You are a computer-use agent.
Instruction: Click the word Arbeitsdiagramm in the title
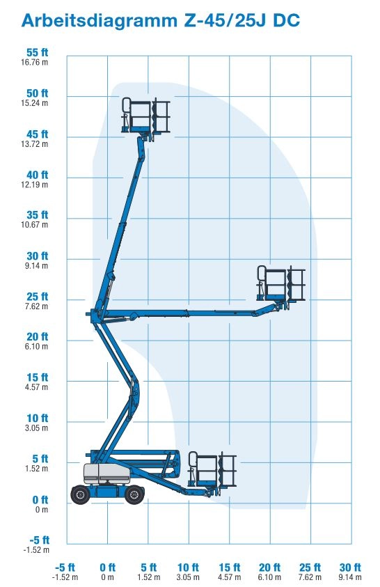(x=99, y=21)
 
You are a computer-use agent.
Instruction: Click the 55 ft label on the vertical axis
(x=37, y=53)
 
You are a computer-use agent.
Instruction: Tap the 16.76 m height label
(x=34, y=63)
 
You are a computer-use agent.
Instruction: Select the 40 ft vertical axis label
(x=37, y=175)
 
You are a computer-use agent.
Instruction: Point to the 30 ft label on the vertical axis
(x=37, y=256)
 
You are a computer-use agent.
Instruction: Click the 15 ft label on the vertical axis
(x=37, y=377)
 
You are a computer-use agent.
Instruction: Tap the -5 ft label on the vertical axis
(x=39, y=540)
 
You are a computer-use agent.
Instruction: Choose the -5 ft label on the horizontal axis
(x=65, y=568)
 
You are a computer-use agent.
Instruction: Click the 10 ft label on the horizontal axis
(x=188, y=568)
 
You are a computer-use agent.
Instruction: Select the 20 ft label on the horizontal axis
(x=269, y=568)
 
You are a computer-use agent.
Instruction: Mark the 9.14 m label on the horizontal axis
(x=350, y=577)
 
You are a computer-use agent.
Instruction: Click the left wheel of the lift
(x=80, y=494)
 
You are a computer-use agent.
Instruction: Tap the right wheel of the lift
(x=134, y=494)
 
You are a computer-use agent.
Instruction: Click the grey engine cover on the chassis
(x=106, y=473)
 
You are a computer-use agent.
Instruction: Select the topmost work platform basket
(x=146, y=116)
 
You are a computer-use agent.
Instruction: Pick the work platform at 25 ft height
(x=281, y=285)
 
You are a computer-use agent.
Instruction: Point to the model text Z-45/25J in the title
(x=224, y=21)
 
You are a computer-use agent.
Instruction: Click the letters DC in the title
(x=287, y=21)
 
